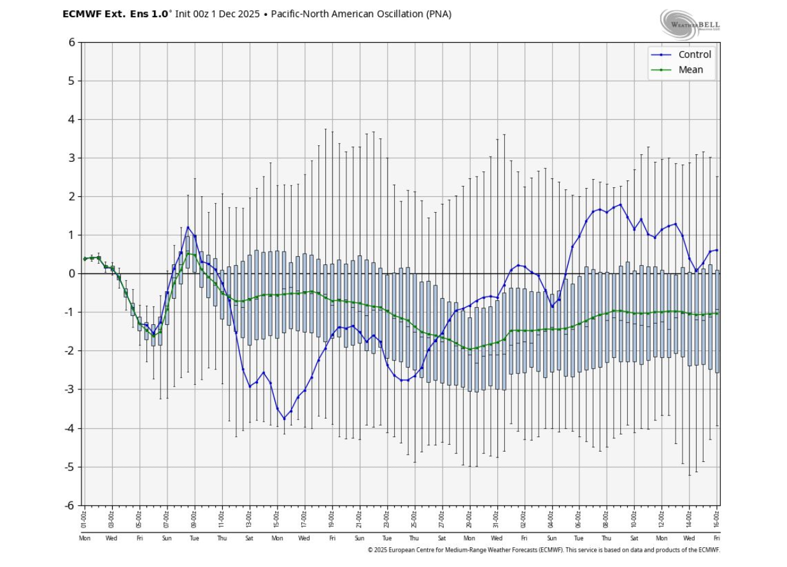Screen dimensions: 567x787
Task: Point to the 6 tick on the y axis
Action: coord(71,43)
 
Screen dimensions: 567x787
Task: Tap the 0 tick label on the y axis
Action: coord(71,274)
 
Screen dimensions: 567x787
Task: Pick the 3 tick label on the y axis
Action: coord(71,158)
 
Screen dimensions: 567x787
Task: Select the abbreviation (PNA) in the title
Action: coord(438,14)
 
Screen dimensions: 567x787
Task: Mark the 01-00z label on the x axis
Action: coord(84,519)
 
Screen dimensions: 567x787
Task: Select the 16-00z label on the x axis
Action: coord(717,519)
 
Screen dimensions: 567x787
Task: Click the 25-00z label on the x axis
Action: coord(414,519)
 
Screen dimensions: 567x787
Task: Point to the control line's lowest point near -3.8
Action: coord(284,419)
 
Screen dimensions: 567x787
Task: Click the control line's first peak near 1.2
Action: coord(188,227)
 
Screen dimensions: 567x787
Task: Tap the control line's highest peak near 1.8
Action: coord(620,205)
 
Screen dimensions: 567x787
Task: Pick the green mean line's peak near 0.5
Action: coord(188,254)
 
